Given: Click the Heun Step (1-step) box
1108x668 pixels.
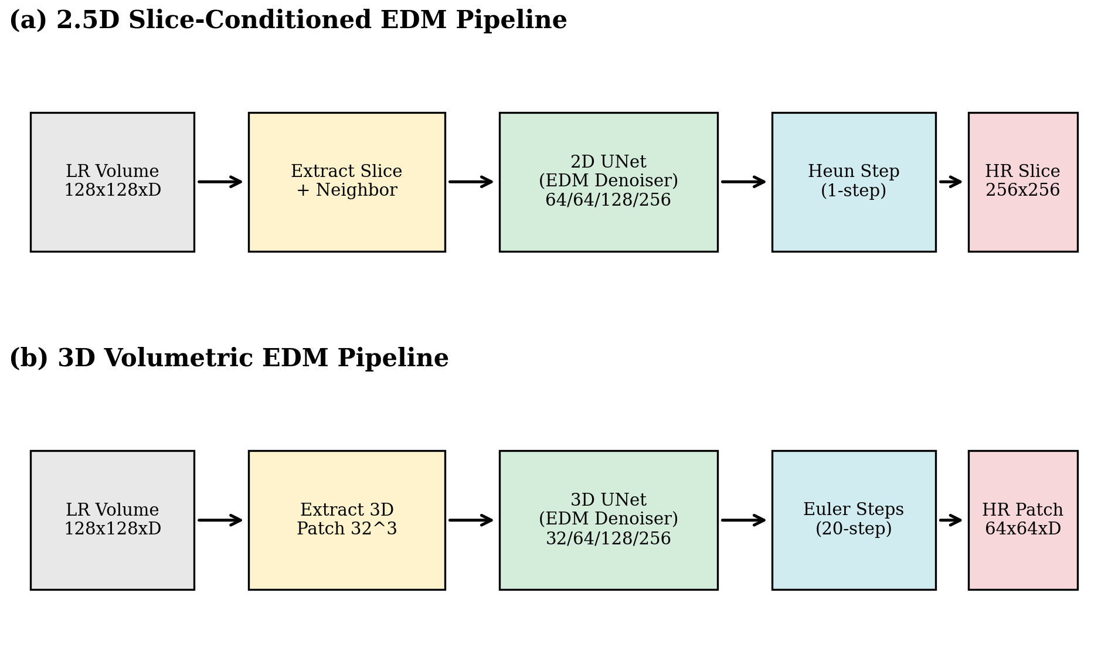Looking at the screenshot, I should point(854,182).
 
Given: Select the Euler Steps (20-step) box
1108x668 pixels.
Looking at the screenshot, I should point(854,520).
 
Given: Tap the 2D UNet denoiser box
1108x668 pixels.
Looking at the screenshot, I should point(608,182).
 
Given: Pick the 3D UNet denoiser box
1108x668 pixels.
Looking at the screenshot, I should point(608,520).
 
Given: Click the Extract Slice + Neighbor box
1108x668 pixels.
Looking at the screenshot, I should point(346,182).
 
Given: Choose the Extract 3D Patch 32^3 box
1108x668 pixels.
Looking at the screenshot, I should point(346,520).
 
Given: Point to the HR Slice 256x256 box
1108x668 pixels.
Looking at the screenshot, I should point(1022,182).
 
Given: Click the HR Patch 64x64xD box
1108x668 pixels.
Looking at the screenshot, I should point(1022,520).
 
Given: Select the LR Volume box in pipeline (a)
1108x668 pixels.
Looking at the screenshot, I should point(112,182).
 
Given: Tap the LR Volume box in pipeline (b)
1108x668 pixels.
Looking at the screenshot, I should point(112,520).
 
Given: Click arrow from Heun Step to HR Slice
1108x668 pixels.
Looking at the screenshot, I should point(950,182).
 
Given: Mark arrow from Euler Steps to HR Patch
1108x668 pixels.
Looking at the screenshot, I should point(950,520).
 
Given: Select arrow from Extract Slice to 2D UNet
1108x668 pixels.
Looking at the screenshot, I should point(471,182).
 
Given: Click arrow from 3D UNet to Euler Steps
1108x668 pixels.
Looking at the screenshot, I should point(743,520).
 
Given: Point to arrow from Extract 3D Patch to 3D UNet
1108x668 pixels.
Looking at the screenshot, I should point(471,520).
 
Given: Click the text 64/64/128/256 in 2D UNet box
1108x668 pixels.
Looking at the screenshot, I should point(608,200).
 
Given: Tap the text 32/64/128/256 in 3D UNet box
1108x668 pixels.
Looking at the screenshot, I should point(608,539).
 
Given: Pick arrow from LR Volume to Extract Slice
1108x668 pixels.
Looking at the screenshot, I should point(220,182).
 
